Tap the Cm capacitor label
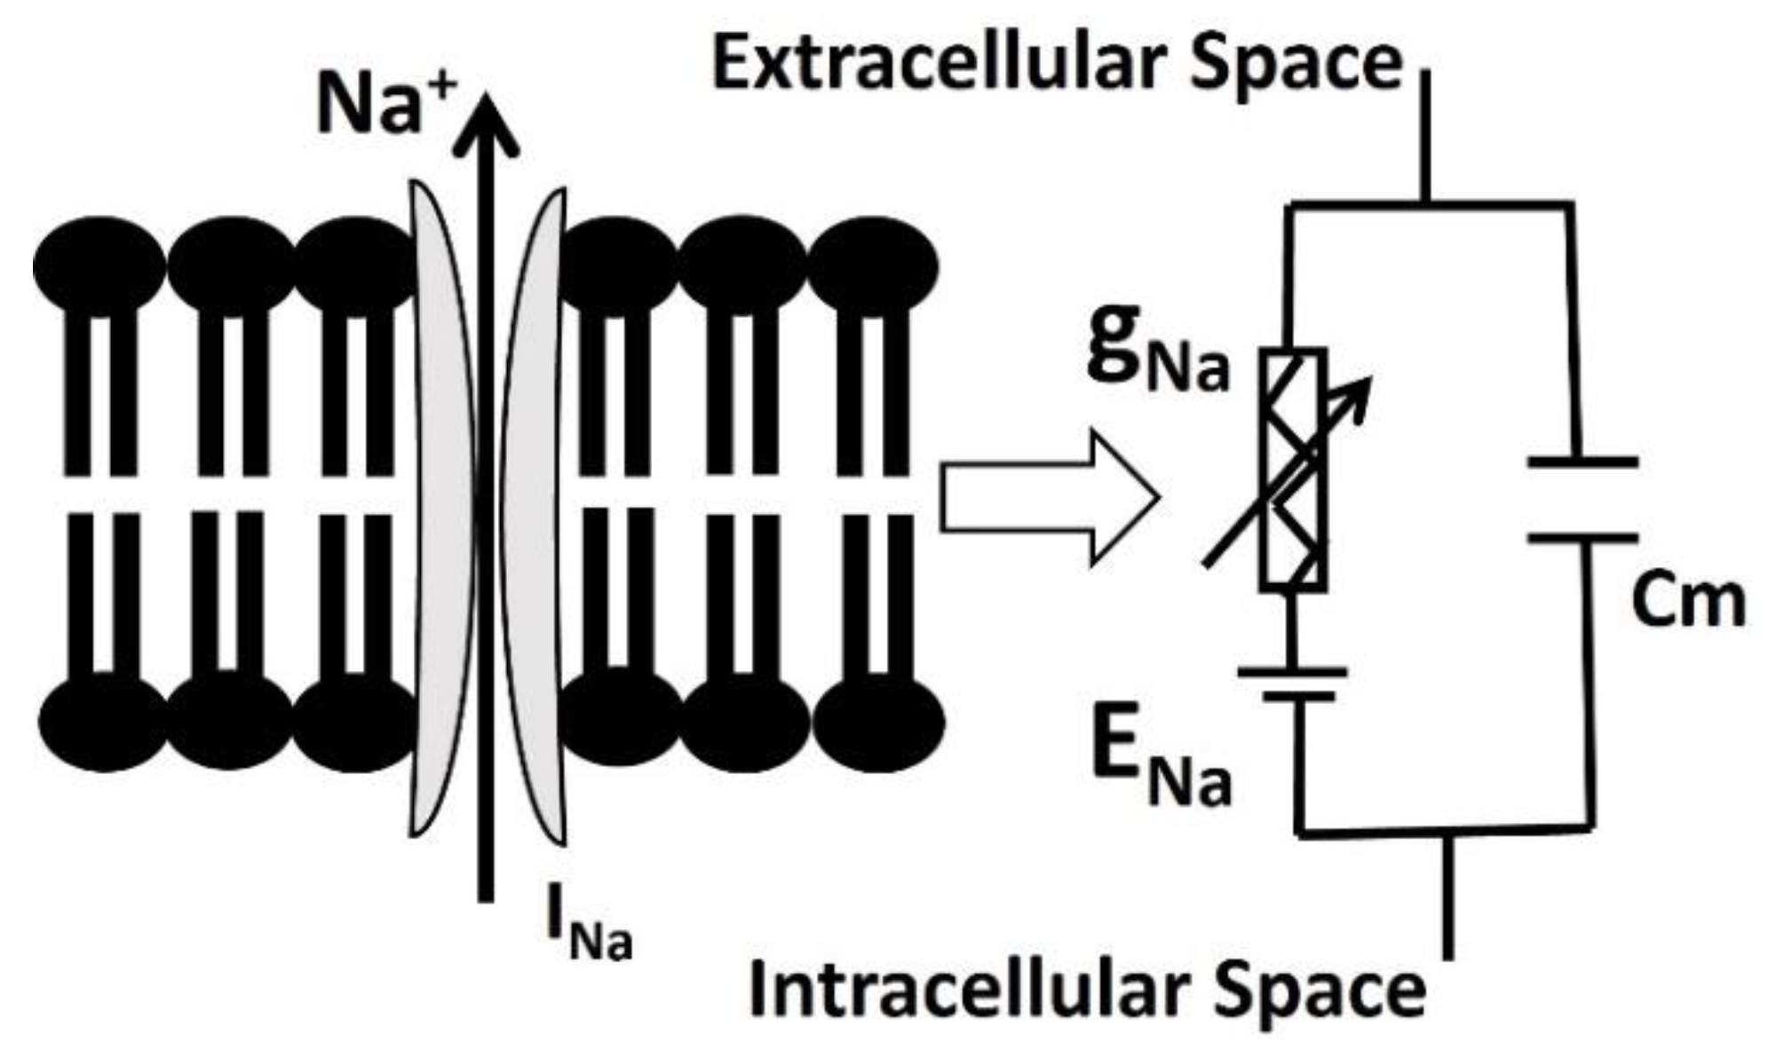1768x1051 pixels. [1687, 601]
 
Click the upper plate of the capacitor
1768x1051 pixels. [1583, 462]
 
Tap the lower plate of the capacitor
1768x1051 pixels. [1583, 537]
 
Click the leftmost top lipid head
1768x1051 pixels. [99, 265]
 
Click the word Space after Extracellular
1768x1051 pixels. [1296, 65]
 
